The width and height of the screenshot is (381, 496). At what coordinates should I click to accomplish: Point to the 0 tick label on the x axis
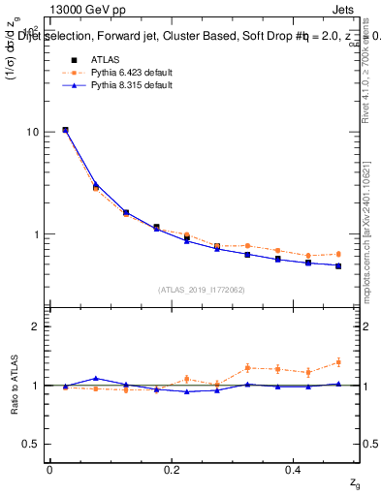tap(49, 470)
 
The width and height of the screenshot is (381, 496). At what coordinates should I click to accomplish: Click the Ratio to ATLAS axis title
tap(13, 385)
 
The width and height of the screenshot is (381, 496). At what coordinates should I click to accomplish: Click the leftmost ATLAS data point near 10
tap(65, 130)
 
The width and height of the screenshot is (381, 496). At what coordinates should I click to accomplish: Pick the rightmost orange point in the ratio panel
tap(338, 362)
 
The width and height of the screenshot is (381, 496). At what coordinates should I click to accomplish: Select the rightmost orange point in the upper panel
tap(338, 254)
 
